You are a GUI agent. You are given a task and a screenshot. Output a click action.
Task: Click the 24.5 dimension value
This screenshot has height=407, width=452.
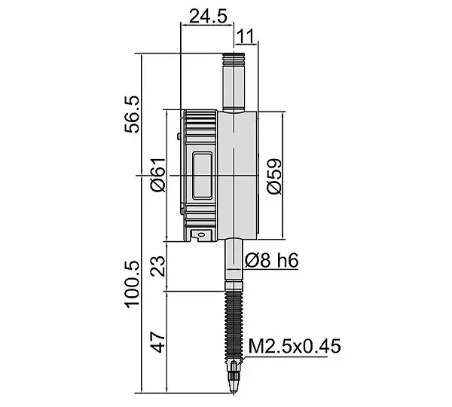[x=208, y=16]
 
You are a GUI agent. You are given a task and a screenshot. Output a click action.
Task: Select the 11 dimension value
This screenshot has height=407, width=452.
[x=246, y=36]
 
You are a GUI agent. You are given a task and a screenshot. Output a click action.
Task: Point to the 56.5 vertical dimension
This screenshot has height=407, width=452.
[x=132, y=115]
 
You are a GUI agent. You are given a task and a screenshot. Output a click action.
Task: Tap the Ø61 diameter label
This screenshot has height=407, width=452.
[x=158, y=175]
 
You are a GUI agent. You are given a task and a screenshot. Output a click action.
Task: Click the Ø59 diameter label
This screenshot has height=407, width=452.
[x=274, y=176]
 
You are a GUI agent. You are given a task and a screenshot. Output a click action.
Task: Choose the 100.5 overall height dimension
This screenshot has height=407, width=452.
[x=132, y=284]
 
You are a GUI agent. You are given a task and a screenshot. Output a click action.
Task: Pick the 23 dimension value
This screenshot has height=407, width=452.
[x=158, y=266]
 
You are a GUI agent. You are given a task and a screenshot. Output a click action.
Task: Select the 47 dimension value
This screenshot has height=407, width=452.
[x=158, y=342]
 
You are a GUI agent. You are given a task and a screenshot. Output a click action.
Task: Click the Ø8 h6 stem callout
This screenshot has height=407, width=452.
[x=271, y=261]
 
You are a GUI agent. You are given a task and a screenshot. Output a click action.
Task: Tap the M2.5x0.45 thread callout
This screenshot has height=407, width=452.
[x=295, y=346]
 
